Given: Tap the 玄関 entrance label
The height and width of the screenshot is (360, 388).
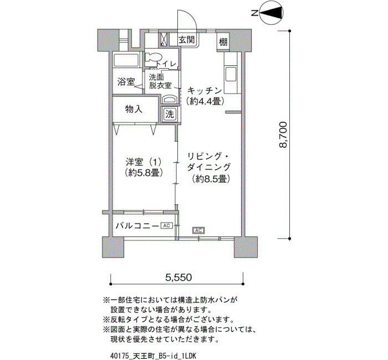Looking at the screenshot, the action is tap(187, 40).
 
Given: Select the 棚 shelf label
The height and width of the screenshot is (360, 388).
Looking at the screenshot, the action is tap(223, 42).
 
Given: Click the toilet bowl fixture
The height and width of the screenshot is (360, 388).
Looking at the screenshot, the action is tap(152, 58).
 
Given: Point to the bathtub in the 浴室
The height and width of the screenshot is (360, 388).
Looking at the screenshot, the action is tap(127, 60).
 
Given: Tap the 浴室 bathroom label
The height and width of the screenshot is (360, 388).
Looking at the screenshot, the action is tap(126, 81).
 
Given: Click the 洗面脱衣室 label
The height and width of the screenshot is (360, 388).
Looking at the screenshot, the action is tap(160, 81).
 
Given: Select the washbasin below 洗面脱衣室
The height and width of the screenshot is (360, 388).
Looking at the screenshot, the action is tap(170, 99).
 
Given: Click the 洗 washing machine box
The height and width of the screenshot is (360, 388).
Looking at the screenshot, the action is tap(170, 114).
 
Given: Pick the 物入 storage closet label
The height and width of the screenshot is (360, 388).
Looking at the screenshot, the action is tap(134, 109).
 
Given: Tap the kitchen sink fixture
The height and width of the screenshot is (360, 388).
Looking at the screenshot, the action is tap(231, 74).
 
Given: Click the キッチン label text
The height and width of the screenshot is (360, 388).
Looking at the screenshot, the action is tap(205, 91).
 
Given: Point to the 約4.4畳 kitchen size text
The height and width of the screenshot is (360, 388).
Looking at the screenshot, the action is tap(206, 101).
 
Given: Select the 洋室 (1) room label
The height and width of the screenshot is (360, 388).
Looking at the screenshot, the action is tap(144, 162).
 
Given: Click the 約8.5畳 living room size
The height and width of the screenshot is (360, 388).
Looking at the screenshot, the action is tap(211, 179).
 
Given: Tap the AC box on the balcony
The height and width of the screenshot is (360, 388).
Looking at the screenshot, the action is tap(166, 225).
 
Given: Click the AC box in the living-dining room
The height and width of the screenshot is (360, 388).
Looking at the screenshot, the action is tap(198, 231).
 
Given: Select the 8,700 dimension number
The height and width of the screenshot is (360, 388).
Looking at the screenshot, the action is tap(283, 135).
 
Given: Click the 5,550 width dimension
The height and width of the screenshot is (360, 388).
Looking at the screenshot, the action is tap(178, 277).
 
